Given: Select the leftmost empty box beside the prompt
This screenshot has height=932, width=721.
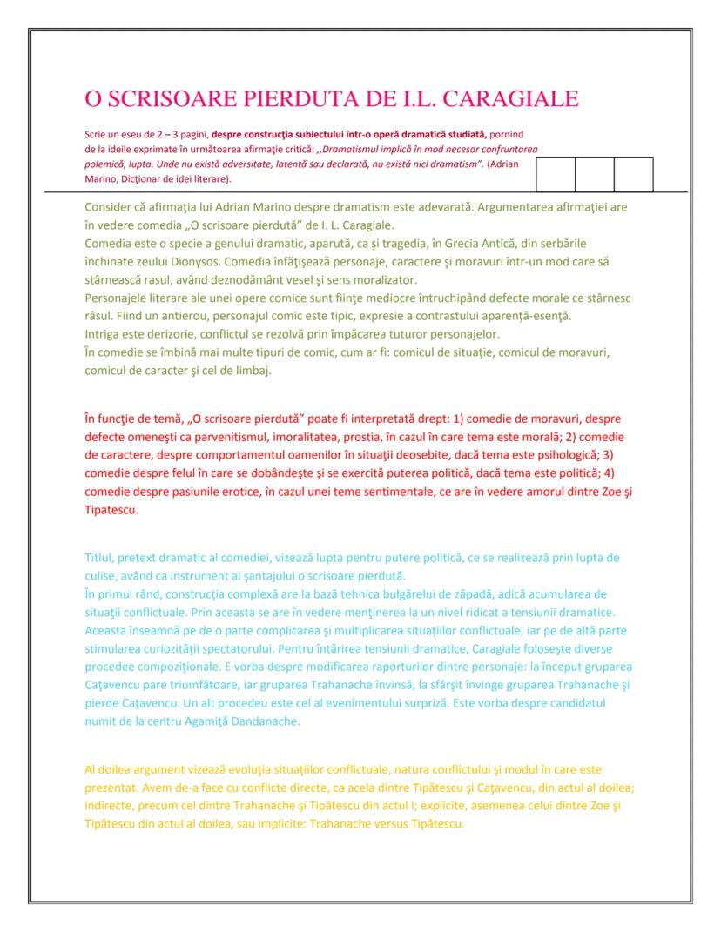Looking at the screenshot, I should click(556, 174).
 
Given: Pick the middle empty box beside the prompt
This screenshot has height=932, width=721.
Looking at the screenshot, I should click(595, 174).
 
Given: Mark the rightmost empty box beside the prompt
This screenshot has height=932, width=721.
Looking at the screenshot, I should click(634, 174).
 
